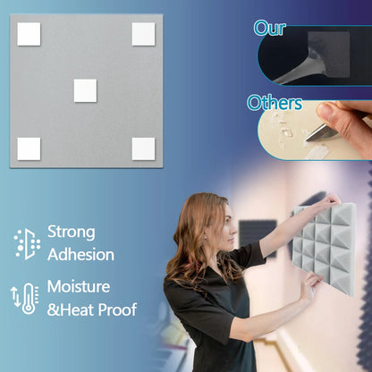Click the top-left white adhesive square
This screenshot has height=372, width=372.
[x=29, y=34]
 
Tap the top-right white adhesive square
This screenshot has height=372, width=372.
[x=143, y=34]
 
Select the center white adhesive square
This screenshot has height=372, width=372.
[x=85, y=90]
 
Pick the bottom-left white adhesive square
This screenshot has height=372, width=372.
[x=29, y=148]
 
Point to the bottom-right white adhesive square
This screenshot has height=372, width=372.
[x=143, y=148]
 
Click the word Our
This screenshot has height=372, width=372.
[x=268, y=28]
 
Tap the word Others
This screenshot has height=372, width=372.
[x=275, y=103]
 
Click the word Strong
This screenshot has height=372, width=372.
[x=71, y=232]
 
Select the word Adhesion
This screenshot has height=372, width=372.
[x=80, y=255]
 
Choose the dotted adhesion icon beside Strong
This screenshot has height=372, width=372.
[x=27, y=243]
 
